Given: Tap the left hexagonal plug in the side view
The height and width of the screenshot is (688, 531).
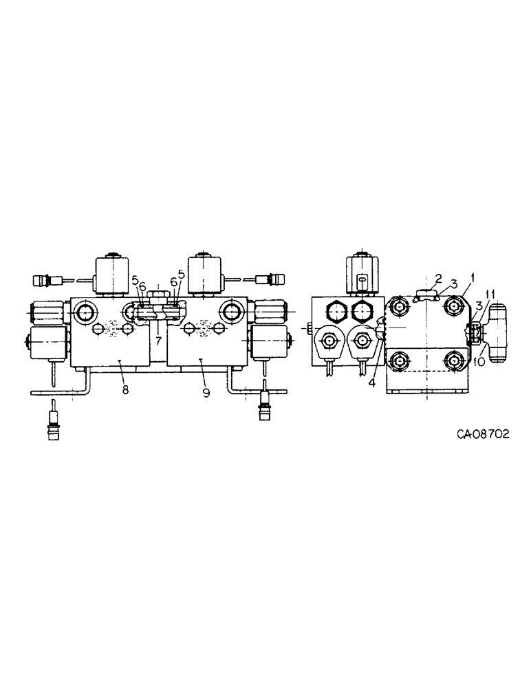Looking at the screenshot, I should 336,311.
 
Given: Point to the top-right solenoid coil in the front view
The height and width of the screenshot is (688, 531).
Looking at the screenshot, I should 205,274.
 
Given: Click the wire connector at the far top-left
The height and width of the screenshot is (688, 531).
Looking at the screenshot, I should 43,280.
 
